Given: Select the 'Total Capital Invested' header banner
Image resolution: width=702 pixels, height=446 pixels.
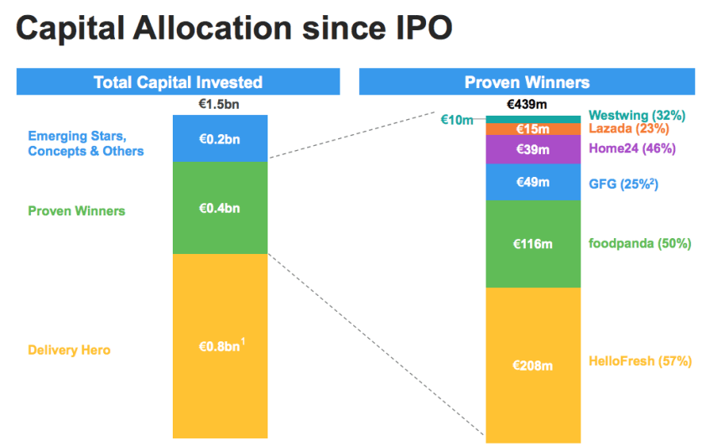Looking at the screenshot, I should click(178, 82).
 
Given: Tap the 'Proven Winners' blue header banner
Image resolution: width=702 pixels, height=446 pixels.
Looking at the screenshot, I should click(527, 82).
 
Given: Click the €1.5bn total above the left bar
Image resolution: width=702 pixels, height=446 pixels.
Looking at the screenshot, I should click(220, 105).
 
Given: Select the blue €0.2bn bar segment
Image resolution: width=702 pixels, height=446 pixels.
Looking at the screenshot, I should click(220, 139).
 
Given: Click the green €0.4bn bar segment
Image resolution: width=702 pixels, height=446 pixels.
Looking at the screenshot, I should click(220, 208).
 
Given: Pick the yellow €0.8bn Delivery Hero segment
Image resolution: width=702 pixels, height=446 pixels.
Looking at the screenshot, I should click(220, 345).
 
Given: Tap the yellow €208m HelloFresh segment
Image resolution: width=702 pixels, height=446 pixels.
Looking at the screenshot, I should click(533, 365).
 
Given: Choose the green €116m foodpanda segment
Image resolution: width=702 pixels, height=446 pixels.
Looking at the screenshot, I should click(533, 244).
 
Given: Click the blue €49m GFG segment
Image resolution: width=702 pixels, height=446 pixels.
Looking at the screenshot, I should click(533, 182).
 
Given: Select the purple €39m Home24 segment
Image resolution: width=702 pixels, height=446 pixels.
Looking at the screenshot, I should click(533, 149).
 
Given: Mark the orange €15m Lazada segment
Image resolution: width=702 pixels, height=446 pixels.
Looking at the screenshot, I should click(533, 129).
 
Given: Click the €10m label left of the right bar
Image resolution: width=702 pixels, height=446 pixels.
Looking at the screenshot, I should click(457, 120).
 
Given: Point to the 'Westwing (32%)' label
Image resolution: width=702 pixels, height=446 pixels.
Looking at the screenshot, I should click(639, 115).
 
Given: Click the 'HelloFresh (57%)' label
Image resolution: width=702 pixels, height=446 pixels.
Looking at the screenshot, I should click(640, 361).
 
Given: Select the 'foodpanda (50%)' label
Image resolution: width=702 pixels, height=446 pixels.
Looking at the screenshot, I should click(639, 244).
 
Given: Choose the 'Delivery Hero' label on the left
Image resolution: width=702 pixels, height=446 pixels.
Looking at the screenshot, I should click(69, 350).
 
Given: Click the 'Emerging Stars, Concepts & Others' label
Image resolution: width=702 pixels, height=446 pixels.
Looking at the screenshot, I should click(86, 143).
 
